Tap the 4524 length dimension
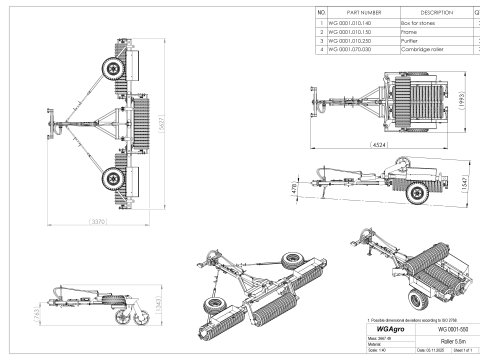click(x=380, y=144)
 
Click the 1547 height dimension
click(x=461, y=183)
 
